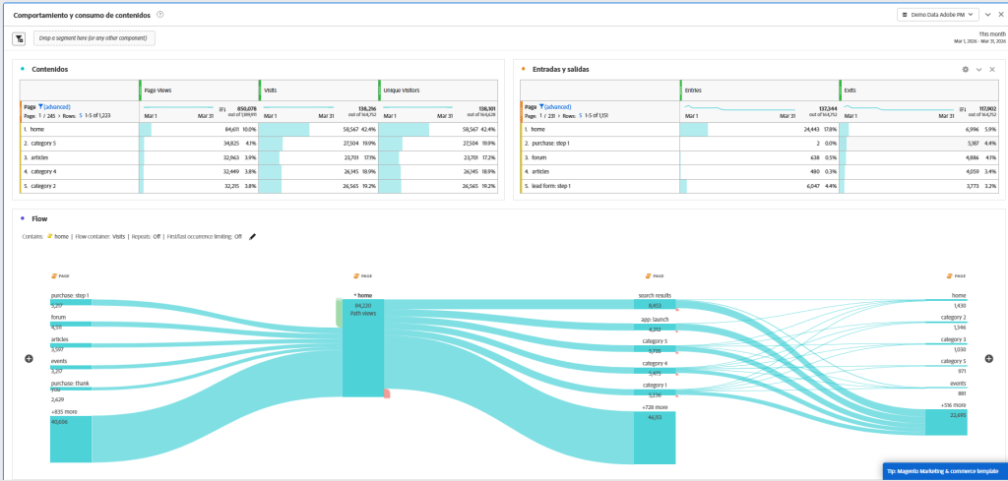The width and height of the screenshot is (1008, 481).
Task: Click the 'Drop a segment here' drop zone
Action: point(94,38)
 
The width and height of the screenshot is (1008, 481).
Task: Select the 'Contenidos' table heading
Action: point(49,69)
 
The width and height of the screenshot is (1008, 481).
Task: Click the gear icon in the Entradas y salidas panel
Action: point(965,69)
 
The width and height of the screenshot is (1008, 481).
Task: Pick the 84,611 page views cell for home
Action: point(211,129)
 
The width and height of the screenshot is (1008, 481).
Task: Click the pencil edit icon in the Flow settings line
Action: point(253,236)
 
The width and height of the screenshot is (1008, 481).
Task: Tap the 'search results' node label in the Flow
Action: point(654,295)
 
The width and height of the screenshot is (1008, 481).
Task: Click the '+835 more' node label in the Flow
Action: point(65,411)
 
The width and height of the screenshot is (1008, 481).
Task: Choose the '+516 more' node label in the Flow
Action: point(952,404)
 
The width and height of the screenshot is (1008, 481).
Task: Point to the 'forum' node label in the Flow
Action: point(59,318)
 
